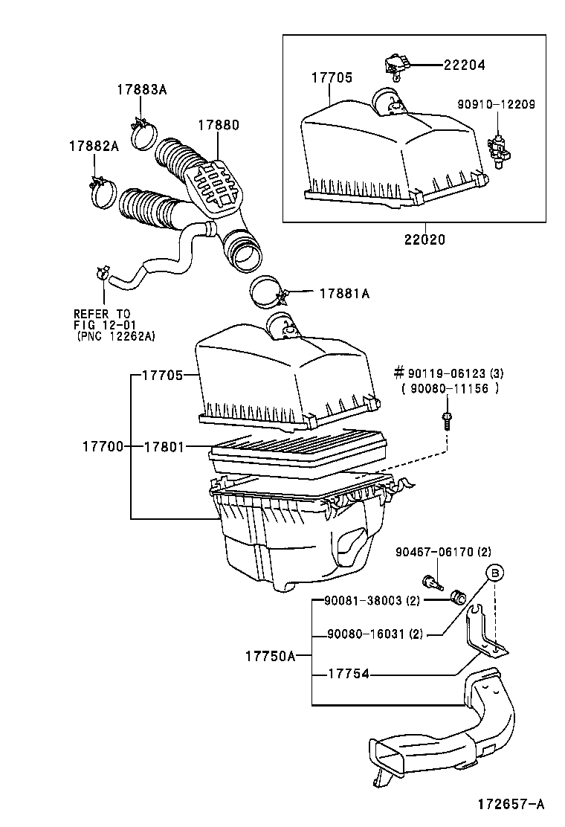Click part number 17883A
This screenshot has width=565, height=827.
point(141,89)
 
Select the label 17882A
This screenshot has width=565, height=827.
point(94,146)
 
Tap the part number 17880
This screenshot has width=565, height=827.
point(219,125)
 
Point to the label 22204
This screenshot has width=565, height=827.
point(464,65)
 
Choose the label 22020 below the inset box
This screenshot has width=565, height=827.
point(425,240)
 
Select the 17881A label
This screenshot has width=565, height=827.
point(344,294)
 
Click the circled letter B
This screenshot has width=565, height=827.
point(495,573)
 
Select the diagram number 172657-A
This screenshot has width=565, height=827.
point(511,803)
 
